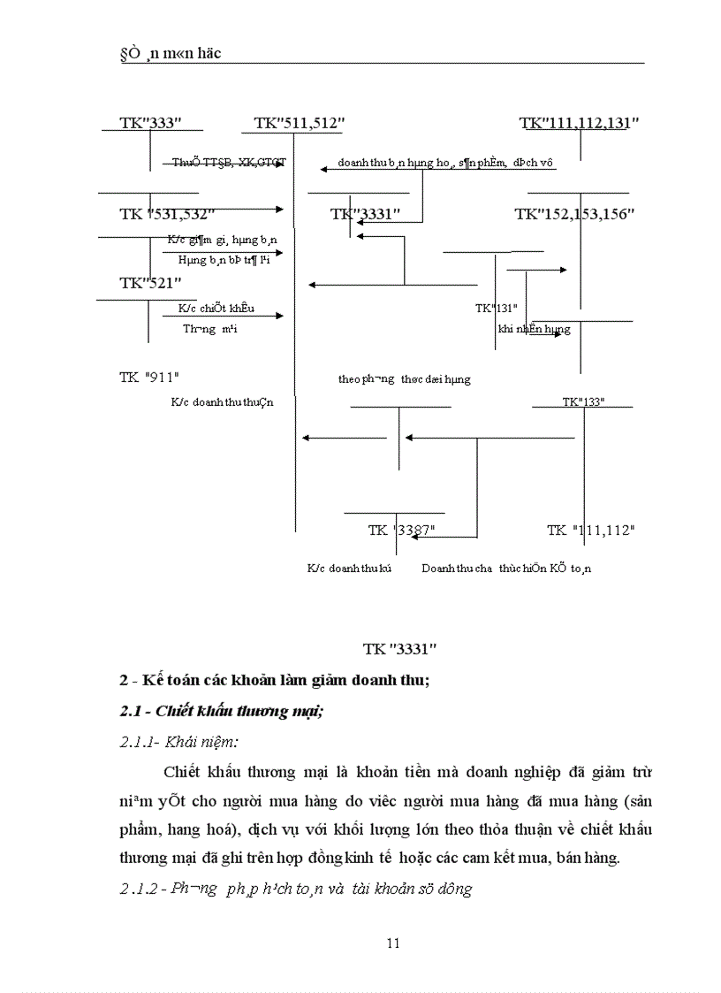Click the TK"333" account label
click(149, 123)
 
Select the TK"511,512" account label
click(299, 123)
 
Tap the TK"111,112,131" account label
click(579, 123)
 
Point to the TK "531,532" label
click(167, 214)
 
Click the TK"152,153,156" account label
click(574, 214)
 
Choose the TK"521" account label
click(150, 282)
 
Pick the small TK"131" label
click(496, 309)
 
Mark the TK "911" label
click(149, 377)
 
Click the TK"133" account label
click(583, 402)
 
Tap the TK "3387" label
click(401, 530)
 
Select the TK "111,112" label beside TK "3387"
click(590, 530)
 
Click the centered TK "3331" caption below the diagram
click(400, 648)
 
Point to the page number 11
click(394, 943)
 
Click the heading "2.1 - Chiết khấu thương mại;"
click(221, 712)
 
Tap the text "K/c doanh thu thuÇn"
click(223, 402)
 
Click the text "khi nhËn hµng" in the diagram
click(534, 329)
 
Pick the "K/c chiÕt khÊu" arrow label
click(216, 308)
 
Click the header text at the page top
click(170, 54)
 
